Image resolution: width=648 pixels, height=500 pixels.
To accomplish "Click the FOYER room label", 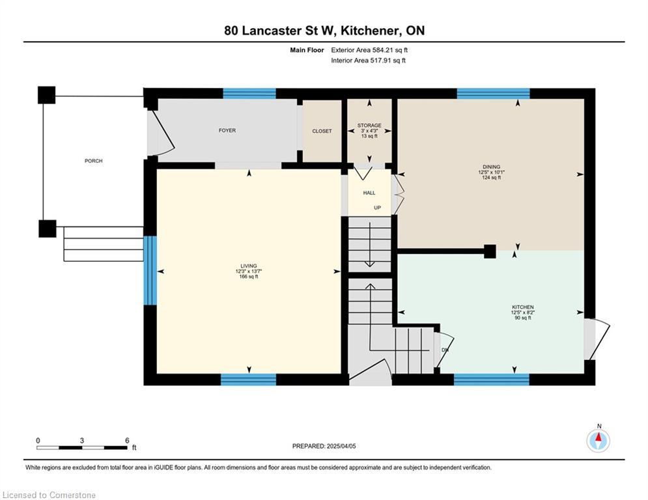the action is click(227, 131).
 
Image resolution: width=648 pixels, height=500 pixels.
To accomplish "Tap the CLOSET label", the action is click(322, 131).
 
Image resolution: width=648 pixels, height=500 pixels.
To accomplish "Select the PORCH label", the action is click(93, 161).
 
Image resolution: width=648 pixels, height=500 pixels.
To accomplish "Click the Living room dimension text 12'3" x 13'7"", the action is click(249, 271).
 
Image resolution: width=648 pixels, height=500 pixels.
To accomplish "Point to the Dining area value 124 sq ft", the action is click(491, 178).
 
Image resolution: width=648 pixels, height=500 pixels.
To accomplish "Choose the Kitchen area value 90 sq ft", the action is click(523, 318).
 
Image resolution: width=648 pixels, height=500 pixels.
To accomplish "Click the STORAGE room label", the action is click(369, 125).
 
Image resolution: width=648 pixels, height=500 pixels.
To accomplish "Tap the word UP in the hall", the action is click(377, 208).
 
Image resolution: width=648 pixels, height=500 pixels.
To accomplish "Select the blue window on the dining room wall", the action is click(493, 93).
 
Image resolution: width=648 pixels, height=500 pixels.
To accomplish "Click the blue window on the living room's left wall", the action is click(150, 271).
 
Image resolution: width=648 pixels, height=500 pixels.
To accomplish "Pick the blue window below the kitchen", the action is click(491, 380).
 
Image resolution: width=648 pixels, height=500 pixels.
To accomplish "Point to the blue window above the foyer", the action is click(249, 93).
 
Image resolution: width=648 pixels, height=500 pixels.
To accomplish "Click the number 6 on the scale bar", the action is click(127, 441).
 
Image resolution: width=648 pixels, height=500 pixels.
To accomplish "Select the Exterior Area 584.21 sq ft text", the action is click(369, 50).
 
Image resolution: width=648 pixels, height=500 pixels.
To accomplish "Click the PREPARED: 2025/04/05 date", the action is click(324, 446).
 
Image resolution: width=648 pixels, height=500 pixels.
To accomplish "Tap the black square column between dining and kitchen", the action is click(490, 251).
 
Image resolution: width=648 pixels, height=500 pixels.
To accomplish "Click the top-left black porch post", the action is click(47, 95).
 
